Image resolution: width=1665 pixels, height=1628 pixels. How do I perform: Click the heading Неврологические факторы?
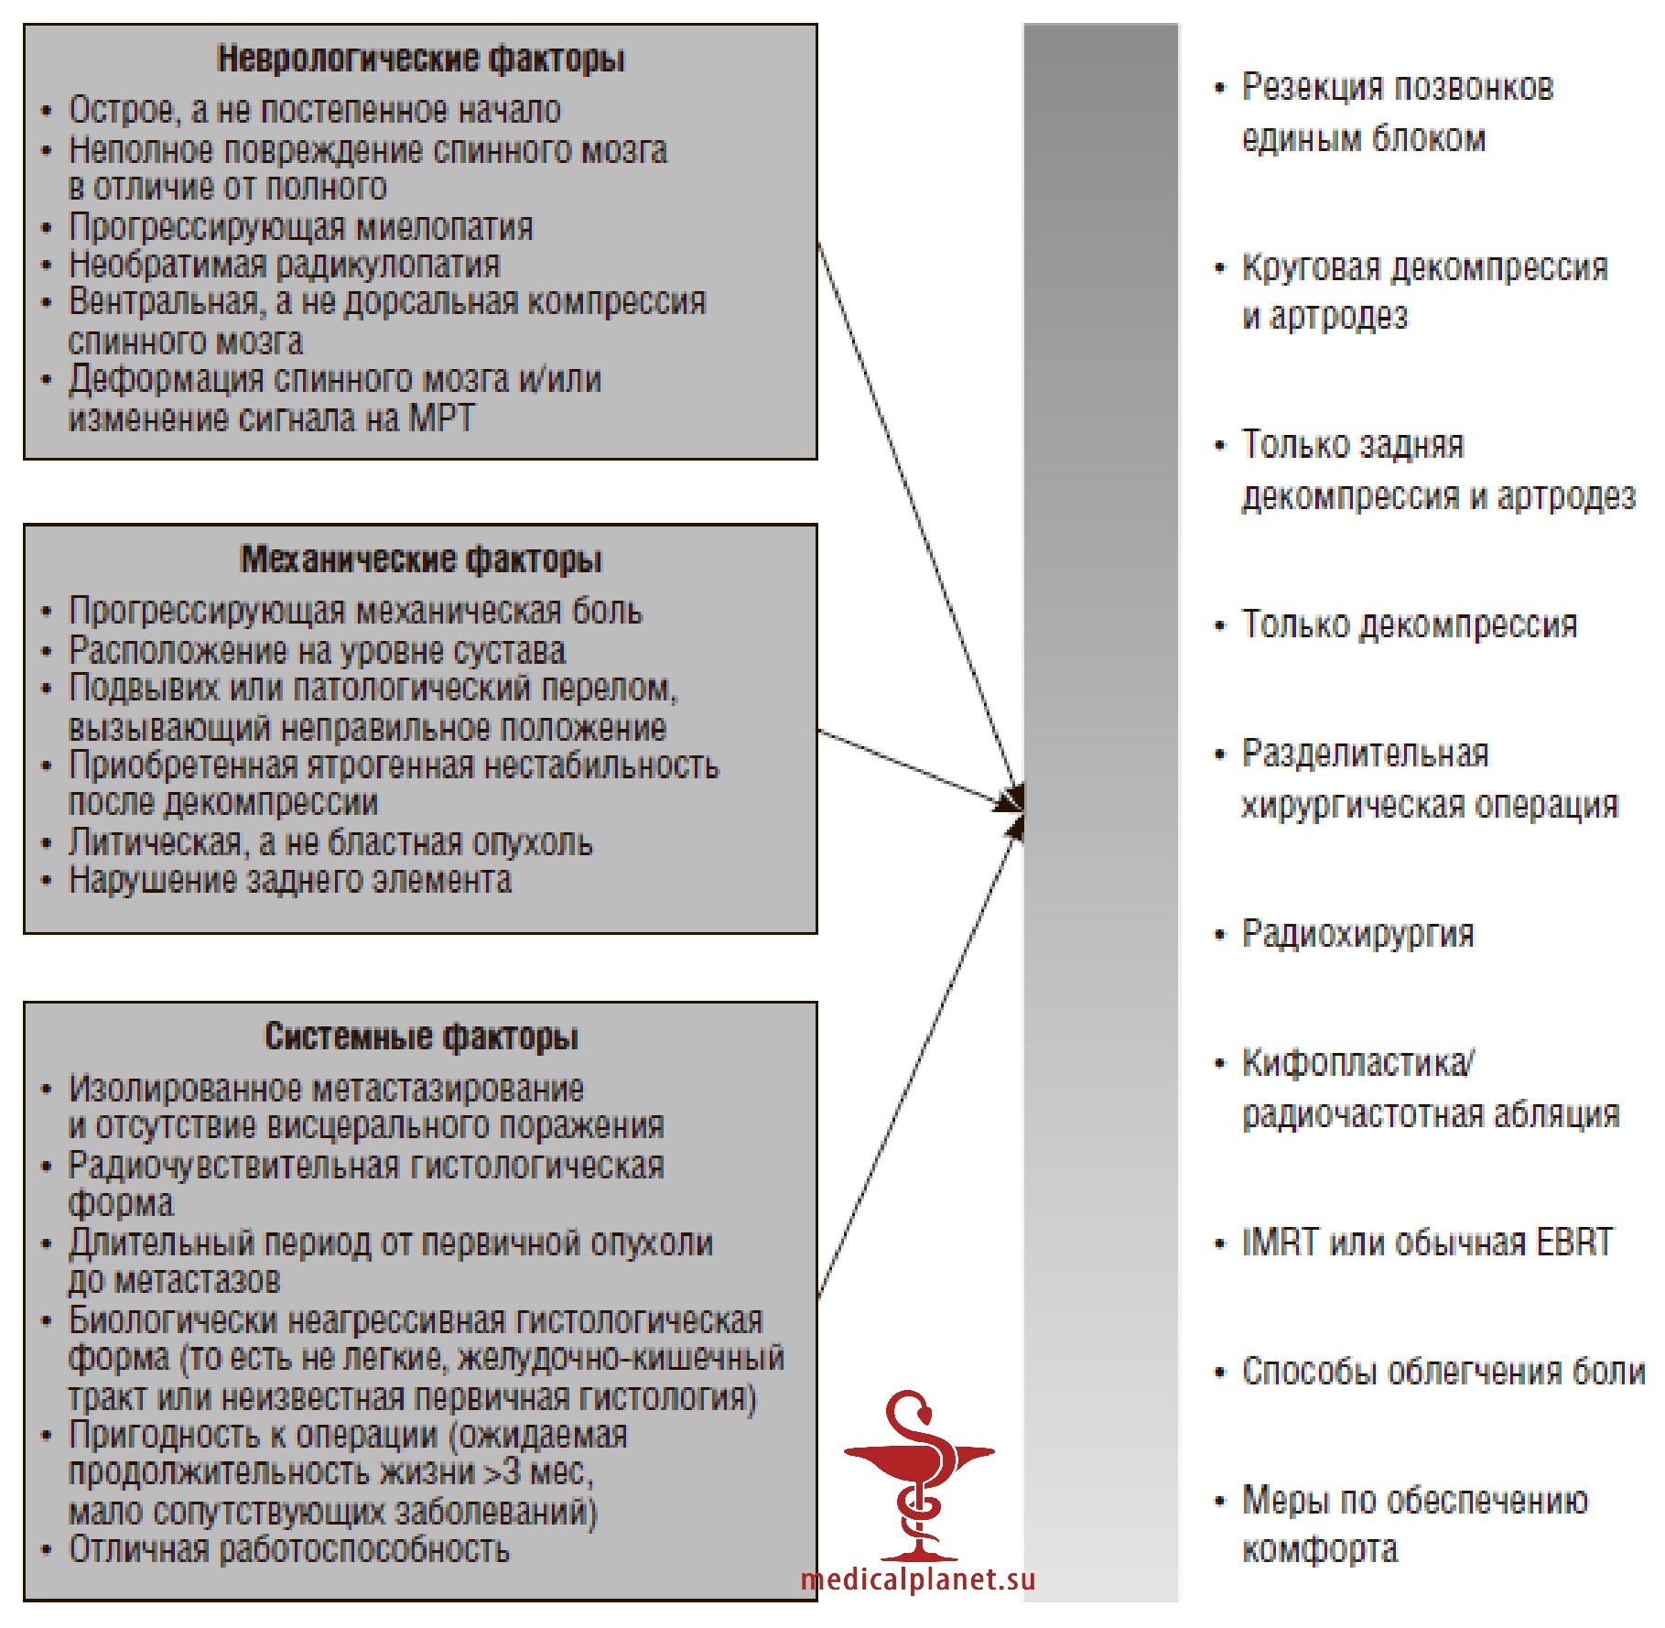tap(421, 60)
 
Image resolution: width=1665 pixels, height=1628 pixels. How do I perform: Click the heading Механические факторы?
tap(421, 559)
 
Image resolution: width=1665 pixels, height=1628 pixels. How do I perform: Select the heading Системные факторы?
tap(421, 1036)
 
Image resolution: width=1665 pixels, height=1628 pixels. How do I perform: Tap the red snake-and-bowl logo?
tap(918, 1475)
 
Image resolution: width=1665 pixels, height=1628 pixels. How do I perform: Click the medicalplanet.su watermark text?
tap(918, 1579)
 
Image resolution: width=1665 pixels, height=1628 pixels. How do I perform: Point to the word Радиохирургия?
tap(1357, 934)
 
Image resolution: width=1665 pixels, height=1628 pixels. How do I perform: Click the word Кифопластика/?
tap(1357, 1063)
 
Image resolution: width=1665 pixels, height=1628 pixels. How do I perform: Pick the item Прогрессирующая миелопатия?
tap(301, 227)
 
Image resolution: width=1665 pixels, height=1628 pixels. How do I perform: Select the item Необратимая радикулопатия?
tap(285, 265)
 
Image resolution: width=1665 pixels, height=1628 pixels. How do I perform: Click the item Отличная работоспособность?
tap(289, 1550)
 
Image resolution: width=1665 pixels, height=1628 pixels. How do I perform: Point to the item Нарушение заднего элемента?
tap(290, 881)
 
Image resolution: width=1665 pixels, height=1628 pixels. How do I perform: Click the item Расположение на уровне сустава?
tap(317, 651)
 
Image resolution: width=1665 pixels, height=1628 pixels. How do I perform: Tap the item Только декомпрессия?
tap(1410, 624)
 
